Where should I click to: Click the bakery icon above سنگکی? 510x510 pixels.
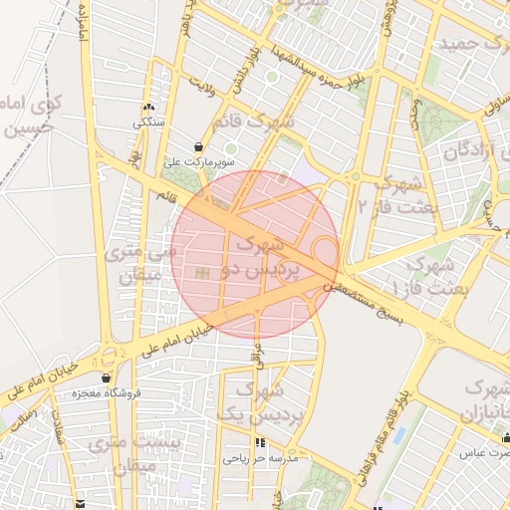click(x=148, y=107)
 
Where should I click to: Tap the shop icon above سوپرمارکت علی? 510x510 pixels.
click(x=201, y=145)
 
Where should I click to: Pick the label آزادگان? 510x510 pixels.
click(x=469, y=152)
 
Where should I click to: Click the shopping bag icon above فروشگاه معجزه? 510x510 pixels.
click(x=106, y=379)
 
